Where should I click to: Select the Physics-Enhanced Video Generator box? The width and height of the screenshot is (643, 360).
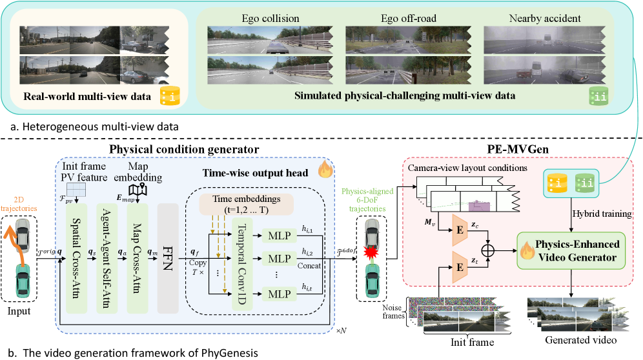point(570,250)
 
